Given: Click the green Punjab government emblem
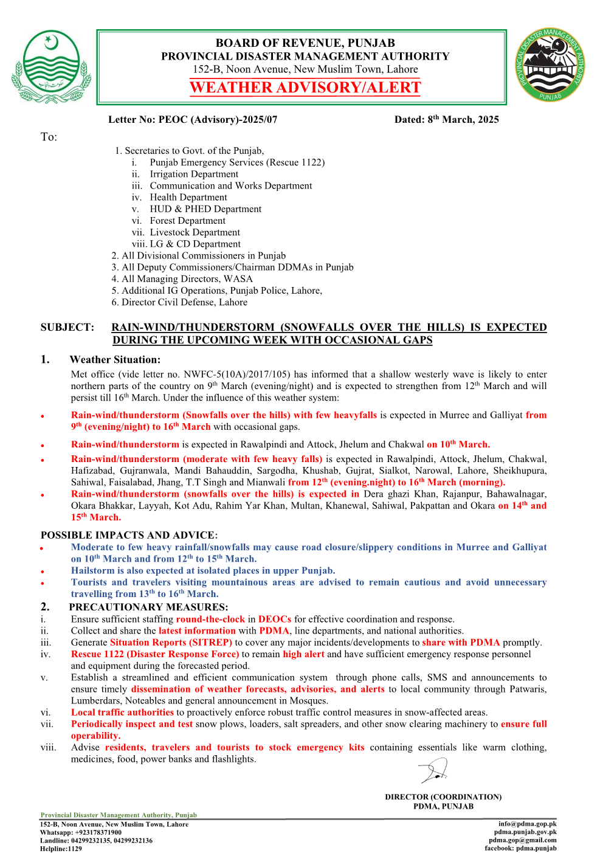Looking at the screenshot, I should pos(50,67).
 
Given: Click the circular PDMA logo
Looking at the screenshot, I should pos(551,65).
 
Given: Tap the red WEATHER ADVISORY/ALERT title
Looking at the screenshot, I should pos(305,88).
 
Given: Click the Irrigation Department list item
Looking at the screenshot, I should pos(194,174).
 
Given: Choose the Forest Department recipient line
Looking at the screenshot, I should pos(187,221).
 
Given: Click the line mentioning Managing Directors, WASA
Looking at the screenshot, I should pos(187,279).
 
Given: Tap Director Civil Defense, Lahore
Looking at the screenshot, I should pos(184,302).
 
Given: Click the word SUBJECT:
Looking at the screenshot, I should pos(67,328).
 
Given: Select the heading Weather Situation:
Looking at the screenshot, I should pos(115,360).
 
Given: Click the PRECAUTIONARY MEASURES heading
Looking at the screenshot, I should pos(148,607).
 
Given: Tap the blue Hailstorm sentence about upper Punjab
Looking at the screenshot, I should pos(203,571).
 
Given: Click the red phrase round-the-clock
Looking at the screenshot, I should pos(210,620).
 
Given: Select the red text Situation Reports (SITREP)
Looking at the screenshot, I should pos(171,643).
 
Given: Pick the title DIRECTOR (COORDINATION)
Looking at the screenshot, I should pos(443,797).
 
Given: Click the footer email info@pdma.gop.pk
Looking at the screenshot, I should pos(527,824).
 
